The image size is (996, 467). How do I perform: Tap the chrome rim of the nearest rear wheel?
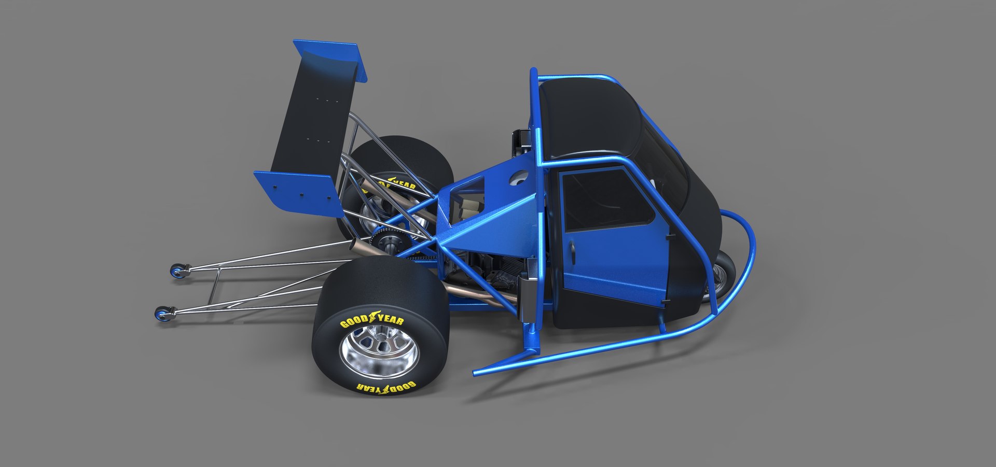[378, 352]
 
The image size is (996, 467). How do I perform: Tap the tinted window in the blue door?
[604, 200]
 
